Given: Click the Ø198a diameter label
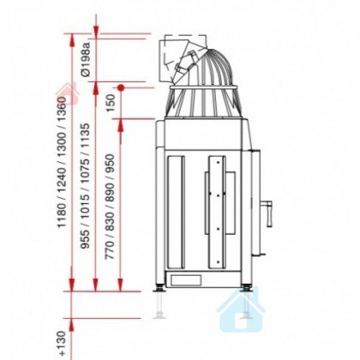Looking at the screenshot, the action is [x=85, y=59].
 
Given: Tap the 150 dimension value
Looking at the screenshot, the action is [x=111, y=103].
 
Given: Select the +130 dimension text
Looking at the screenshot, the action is [x=61, y=343].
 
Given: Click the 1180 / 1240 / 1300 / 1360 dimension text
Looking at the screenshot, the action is [x=62, y=162].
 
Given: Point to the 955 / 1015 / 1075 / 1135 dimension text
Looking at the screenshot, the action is [x=85, y=186].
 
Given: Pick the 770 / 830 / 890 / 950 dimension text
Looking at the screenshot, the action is [x=110, y=207].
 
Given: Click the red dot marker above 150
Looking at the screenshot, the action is [x=121, y=87].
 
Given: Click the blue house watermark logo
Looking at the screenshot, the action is [x=241, y=310].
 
